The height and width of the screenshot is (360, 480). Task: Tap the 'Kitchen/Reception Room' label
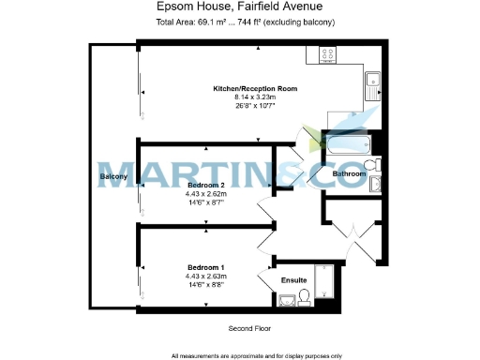tap(255, 88)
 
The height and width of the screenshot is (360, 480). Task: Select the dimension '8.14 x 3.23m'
tap(255, 97)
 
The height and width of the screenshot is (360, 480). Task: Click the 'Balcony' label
tap(113, 176)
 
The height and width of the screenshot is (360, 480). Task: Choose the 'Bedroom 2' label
tap(205, 186)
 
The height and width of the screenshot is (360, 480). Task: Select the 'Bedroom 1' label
tap(205, 267)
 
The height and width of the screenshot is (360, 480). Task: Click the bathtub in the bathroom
tap(349, 145)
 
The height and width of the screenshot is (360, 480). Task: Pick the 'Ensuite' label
tap(294, 279)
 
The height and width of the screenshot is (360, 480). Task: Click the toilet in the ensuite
tap(305, 299)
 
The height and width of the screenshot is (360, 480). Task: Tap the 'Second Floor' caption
tap(248, 329)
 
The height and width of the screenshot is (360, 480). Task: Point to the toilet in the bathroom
tap(372, 165)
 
